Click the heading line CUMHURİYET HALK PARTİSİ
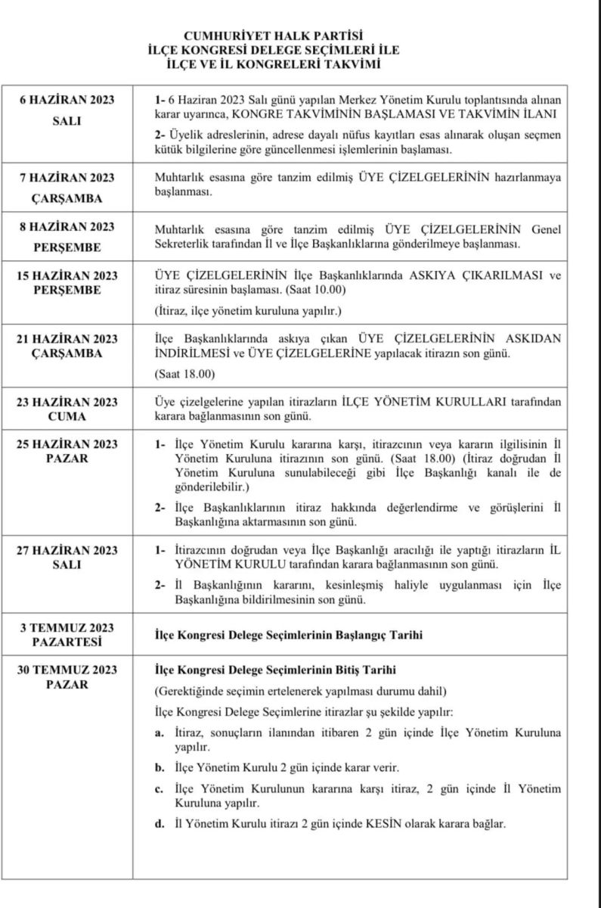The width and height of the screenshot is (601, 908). click(274, 35)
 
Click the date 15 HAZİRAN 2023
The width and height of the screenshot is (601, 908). click(67, 275)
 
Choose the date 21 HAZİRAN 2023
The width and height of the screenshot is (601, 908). click(67, 338)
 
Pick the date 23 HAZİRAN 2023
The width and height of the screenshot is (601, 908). click(67, 401)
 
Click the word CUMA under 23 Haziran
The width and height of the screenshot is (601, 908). click(67, 416)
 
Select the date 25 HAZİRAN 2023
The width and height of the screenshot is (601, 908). click(67, 444)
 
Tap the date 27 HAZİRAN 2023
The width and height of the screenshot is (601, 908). click(67, 550)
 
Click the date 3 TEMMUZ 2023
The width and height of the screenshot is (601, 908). click(67, 629)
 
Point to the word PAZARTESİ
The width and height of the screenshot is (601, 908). click(67, 642)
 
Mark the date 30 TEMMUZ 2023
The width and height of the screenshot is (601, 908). click(67, 670)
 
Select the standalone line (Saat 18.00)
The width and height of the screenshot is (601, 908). click(184, 374)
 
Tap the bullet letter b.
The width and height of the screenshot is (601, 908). click(159, 767)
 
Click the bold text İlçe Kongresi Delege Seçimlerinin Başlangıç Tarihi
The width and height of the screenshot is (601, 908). click(288, 636)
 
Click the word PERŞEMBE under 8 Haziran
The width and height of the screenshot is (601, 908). click(67, 247)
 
